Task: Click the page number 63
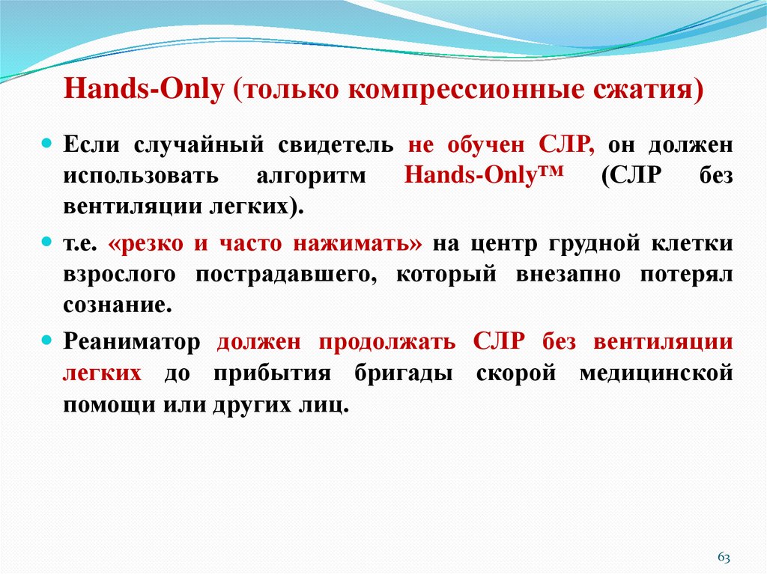724,558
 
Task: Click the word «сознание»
112,305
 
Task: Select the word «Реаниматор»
132,342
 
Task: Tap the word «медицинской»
655,373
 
